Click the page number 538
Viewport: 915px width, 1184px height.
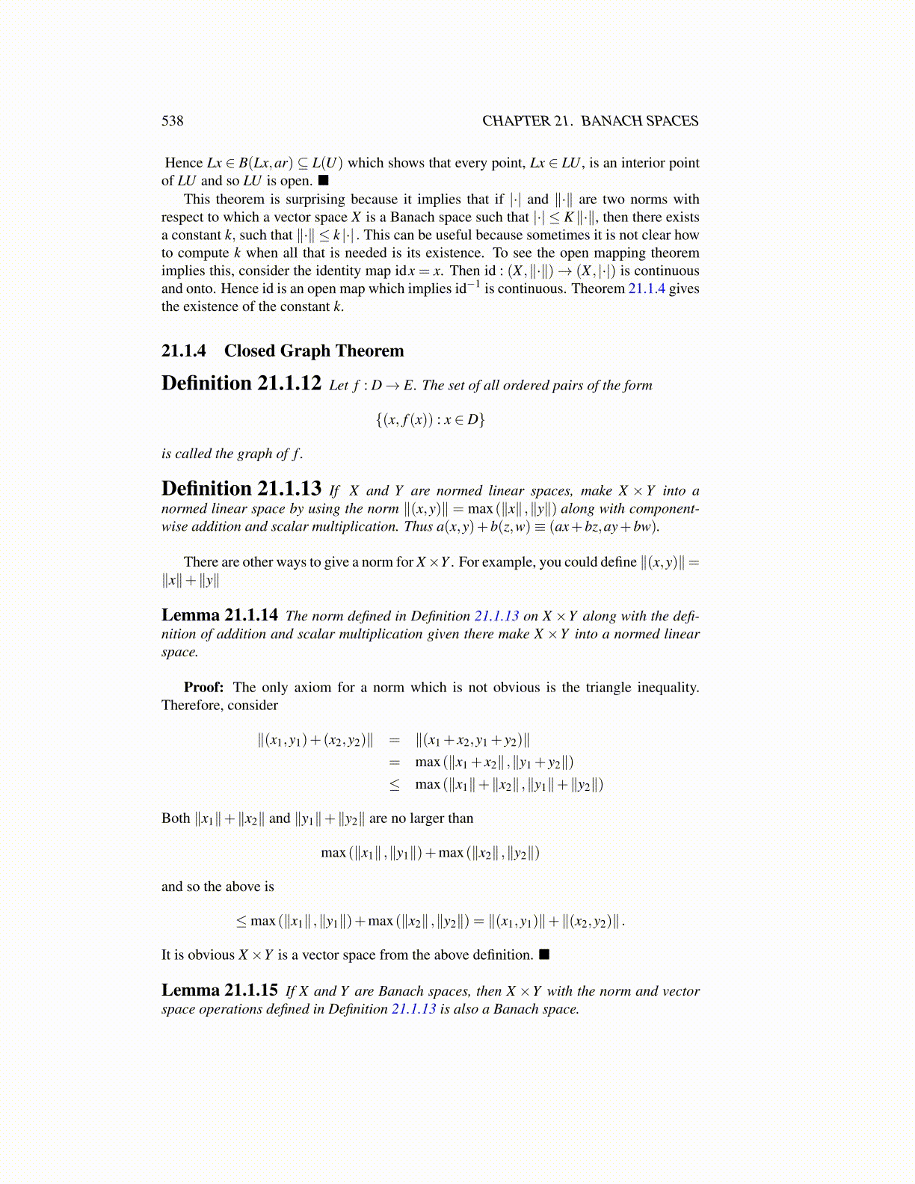pyautogui.click(x=172, y=121)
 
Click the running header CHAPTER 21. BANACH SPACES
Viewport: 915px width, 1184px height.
pyautogui.click(x=590, y=121)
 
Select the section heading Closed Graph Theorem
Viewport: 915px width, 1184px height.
pyautogui.click(x=313, y=351)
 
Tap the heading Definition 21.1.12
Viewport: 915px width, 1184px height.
pyautogui.click(x=241, y=383)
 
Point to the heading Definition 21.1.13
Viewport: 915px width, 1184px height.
pyautogui.click(x=241, y=489)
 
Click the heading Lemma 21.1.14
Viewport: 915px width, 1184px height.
pyautogui.click(x=219, y=615)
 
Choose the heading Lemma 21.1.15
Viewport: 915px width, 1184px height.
pyautogui.click(x=219, y=990)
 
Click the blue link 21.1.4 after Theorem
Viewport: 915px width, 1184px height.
pyautogui.click(x=647, y=289)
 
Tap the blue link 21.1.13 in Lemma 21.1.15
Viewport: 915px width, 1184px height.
pyautogui.click(x=413, y=1009)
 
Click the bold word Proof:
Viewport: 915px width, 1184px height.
pyautogui.click(x=203, y=688)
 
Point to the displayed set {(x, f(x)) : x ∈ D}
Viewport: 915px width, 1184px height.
pyautogui.click(x=430, y=419)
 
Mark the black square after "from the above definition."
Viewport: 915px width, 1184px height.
pyautogui.click(x=543, y=955)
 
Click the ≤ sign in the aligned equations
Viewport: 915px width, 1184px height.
pyautogui.click(x=394, y=784)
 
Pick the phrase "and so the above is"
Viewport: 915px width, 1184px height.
pyautogui.click(x=218, y=887)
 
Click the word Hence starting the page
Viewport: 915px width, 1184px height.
pyautogui.click(x=184, y=163)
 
